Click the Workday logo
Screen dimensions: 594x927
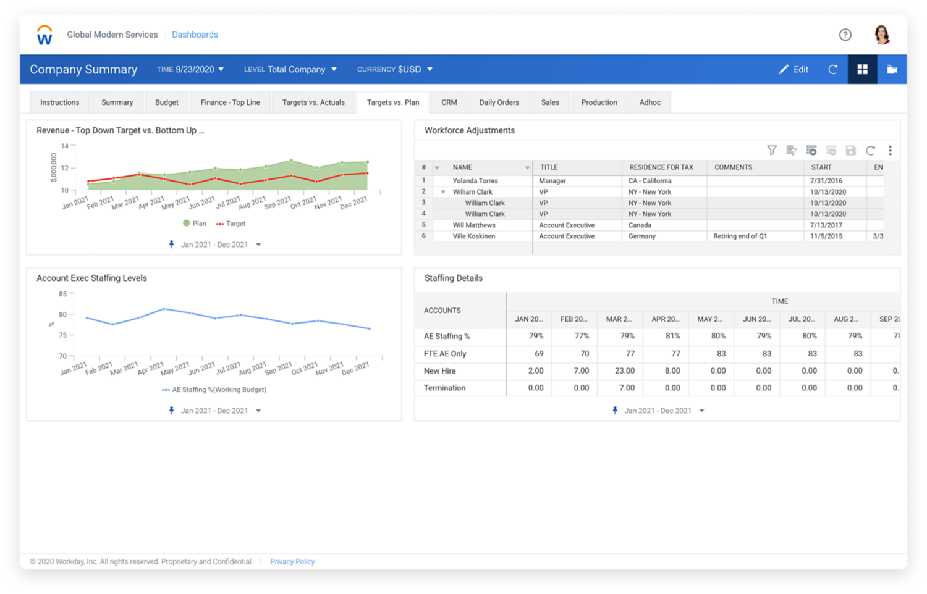tap(44, 35)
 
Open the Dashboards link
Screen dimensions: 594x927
tap(195, 35)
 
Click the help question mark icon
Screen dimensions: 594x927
tap(845, 35)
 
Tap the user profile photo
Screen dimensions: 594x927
tap(882, 35)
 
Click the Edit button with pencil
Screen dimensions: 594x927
tap(794, 69)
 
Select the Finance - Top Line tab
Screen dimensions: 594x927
tap(230, 102)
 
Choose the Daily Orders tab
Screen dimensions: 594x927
tap(499, 102)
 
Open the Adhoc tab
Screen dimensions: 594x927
tap(650, 102)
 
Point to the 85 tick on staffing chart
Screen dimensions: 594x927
tap(63, 294)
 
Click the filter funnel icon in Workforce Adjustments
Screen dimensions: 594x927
tap(771, 150)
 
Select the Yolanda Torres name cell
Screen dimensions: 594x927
tap(475, 181)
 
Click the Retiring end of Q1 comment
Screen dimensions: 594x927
tap(740, 236)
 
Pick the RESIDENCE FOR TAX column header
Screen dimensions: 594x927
tap(661, 167)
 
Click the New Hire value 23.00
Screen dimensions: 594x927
tap(624, 370)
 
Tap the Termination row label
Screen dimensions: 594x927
tap(444, 388)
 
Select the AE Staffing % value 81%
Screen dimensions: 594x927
tap(672, 336)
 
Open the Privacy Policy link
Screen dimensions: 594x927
tap(292, 561)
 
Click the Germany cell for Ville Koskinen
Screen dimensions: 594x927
tap(641, 236)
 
